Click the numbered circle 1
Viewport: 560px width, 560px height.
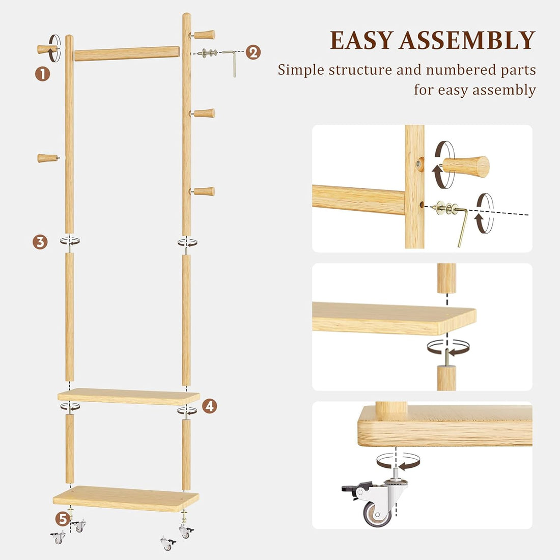[43, 74]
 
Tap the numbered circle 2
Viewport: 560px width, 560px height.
[253, 52]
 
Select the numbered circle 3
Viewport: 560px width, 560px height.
[40, 241]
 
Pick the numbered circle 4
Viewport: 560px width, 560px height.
[209, 406]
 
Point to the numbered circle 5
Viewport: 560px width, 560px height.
[62, 519]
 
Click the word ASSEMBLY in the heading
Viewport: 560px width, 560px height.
[467, 41]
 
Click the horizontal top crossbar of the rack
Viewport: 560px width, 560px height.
[127, 53]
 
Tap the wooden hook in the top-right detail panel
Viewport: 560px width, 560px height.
[466, 166]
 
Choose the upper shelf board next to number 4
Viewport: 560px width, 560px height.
[128, 396]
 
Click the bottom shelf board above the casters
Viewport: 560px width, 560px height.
[126, 498]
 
